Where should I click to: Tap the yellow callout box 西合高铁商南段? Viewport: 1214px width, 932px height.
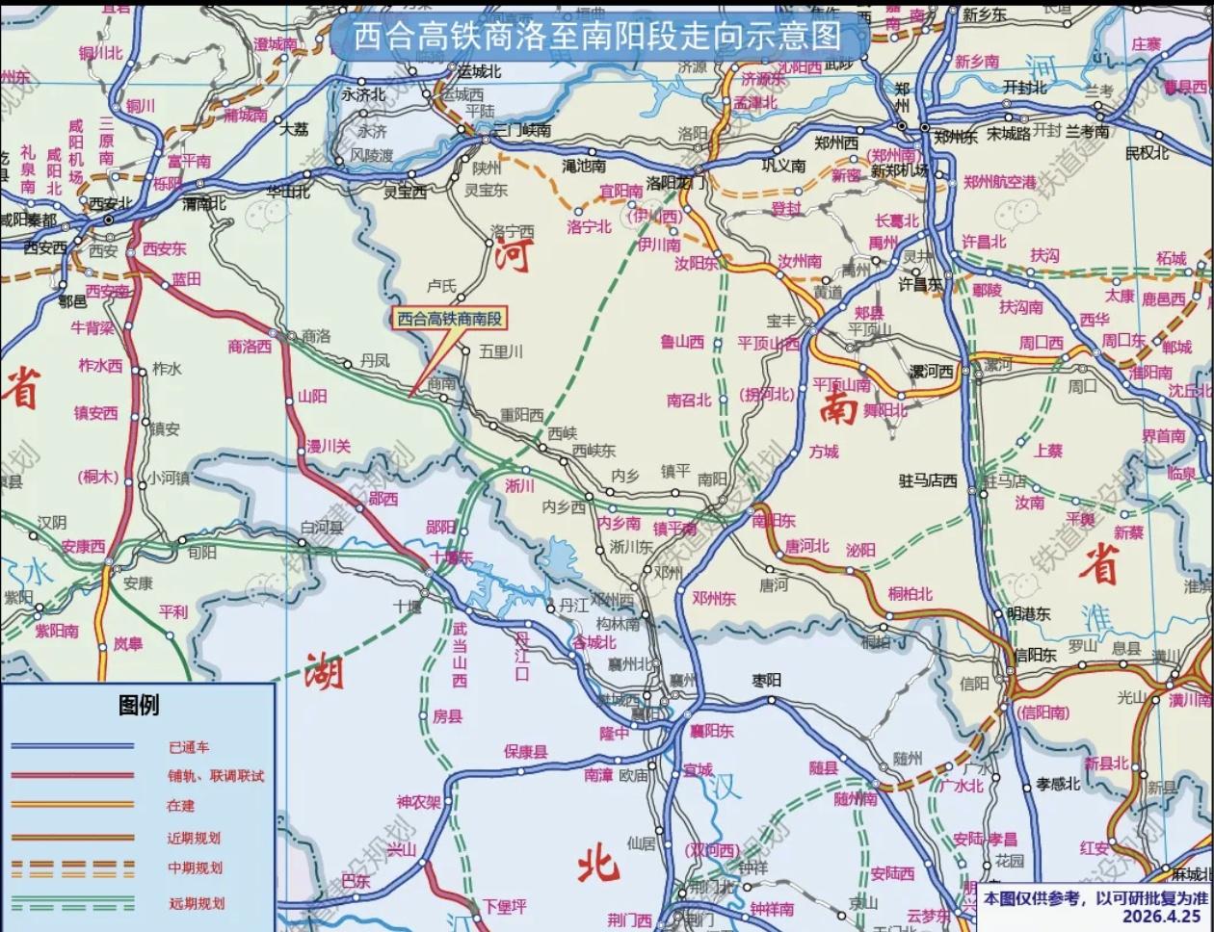click(451, 319)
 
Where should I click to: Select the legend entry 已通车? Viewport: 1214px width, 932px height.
click(188, 747)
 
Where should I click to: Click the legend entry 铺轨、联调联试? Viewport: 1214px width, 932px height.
click(215, 776)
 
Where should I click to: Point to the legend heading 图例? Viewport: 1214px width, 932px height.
click(139, 706)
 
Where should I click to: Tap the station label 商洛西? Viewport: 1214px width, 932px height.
click(250, 347)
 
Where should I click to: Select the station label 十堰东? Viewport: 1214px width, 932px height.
click(452, 557)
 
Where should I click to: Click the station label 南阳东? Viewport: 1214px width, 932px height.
click(774, 521)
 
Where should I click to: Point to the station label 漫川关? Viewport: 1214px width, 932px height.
click(329, 447)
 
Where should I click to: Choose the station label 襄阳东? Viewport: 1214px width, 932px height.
click(711, 731)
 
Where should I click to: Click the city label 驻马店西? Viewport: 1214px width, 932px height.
click(928, 479)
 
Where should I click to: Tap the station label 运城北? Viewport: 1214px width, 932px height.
click(479, 72)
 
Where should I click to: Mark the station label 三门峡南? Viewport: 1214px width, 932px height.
click(521, 130)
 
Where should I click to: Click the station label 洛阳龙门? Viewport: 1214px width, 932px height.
click(677, 182)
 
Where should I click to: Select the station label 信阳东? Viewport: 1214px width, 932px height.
click(1035, 655)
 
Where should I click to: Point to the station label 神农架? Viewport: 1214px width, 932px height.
click(418, 801)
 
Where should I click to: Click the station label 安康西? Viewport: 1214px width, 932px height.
click(83, 546)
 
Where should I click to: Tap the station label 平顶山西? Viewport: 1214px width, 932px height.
click(768, 344)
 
